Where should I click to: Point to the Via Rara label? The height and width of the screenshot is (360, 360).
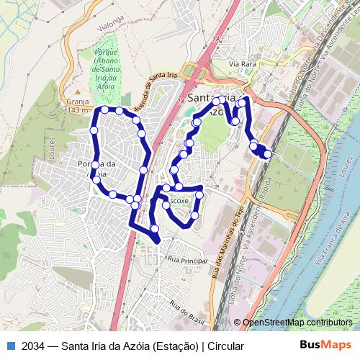point(243,64)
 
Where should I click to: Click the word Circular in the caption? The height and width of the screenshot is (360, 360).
point(225,346)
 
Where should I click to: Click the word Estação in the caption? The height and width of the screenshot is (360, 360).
point(172,346)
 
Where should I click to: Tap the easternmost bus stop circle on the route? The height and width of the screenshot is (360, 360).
point(268,154)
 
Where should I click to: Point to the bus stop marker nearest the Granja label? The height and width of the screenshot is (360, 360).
point(104,109)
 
